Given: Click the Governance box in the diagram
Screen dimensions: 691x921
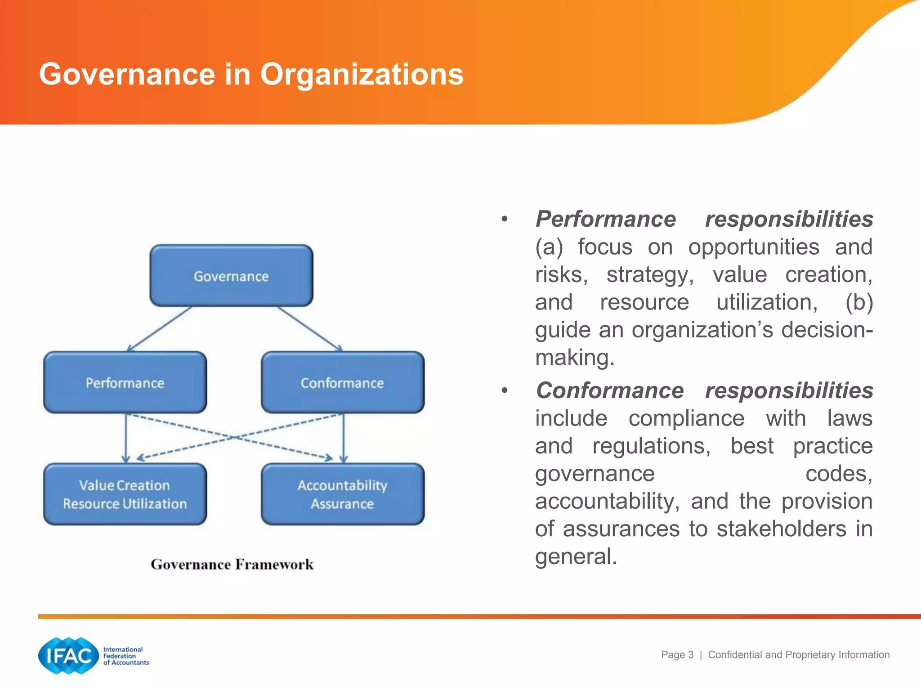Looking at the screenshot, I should pyautogui.click(x=231, y=276).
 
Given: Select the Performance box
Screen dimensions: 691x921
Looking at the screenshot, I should pyautogui.click(x=125, y=383).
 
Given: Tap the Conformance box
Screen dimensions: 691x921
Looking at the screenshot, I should pyautogui.click(x=342, y=383).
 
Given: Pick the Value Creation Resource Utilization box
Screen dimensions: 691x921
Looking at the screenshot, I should pyautogui.click(x=125, y=494).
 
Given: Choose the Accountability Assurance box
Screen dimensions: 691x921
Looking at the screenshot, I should pyautogui.click(x=342, y=494).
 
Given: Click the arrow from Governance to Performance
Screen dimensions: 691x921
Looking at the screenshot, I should pyautogui.click(x=160, y=329).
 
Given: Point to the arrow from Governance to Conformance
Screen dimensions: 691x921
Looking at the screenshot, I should pyautogui.click(x=310, y=329).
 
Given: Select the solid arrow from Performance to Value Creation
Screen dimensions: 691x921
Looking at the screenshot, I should pyautogui.click(x=126, y=439).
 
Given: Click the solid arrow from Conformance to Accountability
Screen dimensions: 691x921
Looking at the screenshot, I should pyautogui.click(x=344, y=439).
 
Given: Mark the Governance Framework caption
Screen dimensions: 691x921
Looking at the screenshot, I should pyautogui.click(x=232, y=564).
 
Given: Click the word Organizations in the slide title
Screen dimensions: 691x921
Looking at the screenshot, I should pyautogui.click(x=362, y=74).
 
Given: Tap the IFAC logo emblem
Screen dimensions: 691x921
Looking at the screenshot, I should pyautogui.click(x=68, y=655).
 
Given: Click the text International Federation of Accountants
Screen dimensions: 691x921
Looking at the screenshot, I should pyautogui.click(x=125, y=656).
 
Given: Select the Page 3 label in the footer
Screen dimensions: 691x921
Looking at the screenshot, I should pyautogui.click(x=677, y=655).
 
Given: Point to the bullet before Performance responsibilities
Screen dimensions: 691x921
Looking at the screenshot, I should pyautogui.click(x=505, y=220).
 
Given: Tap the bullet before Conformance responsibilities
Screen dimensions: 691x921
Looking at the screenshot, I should pyautogui.click(x=505, y=390).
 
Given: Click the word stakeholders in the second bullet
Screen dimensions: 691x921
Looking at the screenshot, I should pyautogui.click(x=781, y=529).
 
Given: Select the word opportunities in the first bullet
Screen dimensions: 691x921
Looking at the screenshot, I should pyautogui.click(x=754, y=247).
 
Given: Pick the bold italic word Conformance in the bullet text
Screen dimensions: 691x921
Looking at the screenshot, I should pyautogui.click(x=610, y=390).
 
